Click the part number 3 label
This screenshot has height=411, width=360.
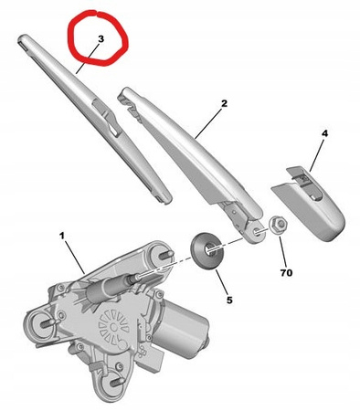pos(101,39)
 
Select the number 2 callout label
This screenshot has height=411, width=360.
pos(224,103)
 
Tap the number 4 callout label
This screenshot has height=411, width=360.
pos(324,133)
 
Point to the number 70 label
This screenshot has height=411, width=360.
pos(286,273)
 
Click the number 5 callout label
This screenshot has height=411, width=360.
pos(229,300)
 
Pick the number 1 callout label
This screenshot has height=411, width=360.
pos(62,236)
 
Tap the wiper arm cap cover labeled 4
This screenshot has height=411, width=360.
pos(308,203)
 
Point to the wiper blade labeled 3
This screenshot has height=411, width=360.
pos(94,119)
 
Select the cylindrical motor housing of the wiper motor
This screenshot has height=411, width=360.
pos(180,329)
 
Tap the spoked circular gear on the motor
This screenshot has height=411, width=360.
pos(113,327)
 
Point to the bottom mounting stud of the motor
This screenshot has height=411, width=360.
pos(116,382)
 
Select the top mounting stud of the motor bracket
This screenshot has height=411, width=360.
pos(166,254)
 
